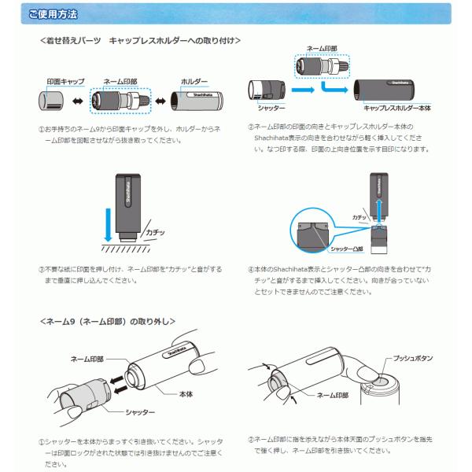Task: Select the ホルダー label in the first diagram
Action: click(194, 81)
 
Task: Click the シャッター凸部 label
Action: click(346, 249)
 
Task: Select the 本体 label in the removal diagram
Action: click(186, 393)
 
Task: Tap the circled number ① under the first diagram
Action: click(42, 129)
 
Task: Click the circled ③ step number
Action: click(42, 268)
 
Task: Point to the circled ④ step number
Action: click(251, 268)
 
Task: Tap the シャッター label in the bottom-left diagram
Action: click(140, 412)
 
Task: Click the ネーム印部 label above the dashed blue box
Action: click(322, 48)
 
